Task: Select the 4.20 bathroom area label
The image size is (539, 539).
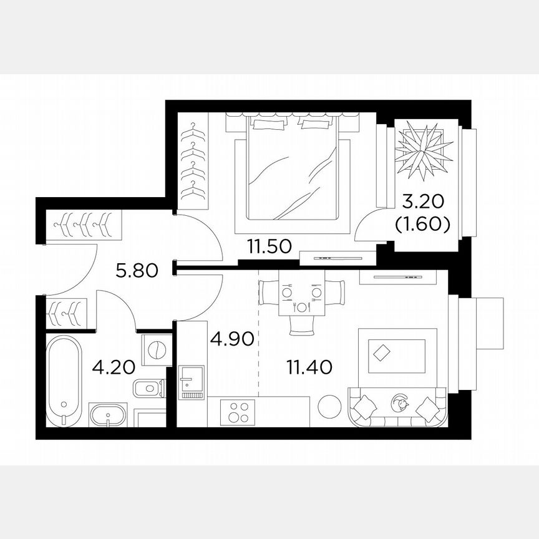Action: [114, 367]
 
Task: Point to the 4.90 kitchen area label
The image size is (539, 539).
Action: [231, 339]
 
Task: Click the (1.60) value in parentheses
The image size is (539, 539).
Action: [422, 224]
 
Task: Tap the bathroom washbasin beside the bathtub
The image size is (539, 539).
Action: [109, 415]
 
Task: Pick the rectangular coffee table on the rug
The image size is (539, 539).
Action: [381, 353]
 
